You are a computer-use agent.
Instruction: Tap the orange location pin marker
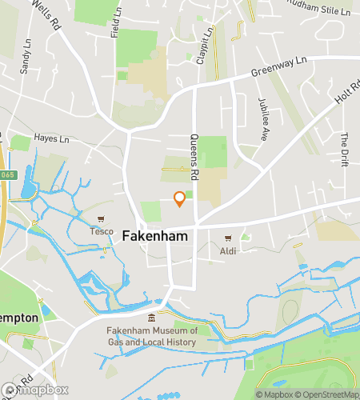pos(180,198)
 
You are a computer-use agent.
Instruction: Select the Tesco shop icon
pos(101,219)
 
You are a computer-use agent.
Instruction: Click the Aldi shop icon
pos(228,238)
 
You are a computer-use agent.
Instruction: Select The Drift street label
pos(346,146)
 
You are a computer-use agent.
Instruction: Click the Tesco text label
pos(101,232)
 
